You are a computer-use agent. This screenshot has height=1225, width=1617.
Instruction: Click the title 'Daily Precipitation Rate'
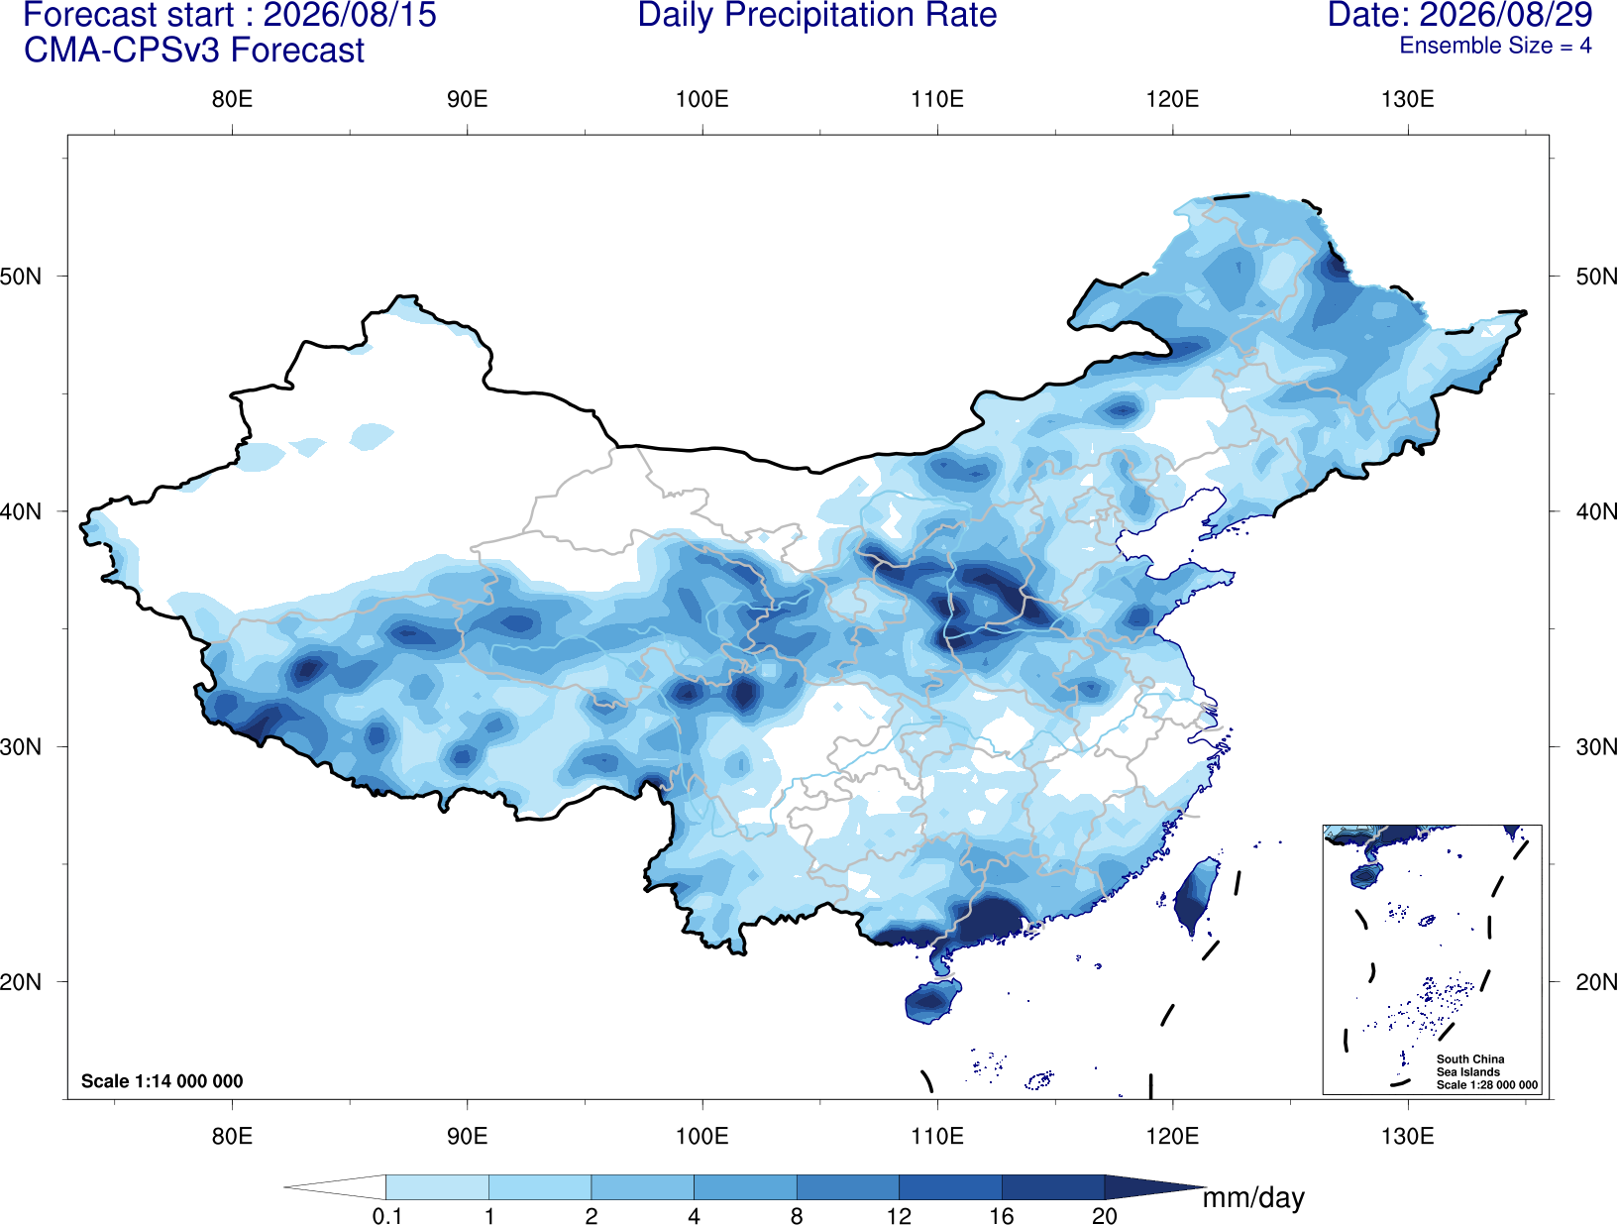(x=816, y=15)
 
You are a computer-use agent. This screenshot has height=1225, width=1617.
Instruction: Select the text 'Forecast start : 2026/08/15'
(x=230, y=15)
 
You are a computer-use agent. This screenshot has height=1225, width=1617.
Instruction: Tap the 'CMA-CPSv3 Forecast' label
(x=194, y=51)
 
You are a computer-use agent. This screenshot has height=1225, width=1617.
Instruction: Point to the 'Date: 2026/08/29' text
(x=1459, y=15)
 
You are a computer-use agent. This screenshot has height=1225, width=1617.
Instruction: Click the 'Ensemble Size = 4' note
(x=1495, y=46)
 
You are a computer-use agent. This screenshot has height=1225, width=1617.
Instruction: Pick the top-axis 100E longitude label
(x=702, y=99)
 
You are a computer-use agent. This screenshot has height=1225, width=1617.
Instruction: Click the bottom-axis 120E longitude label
(x=1172, y=1135)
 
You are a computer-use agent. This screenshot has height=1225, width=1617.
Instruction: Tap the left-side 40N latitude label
(x=21, y=511)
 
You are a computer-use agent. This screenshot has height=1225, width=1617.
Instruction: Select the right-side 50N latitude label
(x=1596, y=277)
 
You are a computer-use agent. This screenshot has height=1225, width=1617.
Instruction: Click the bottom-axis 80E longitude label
(x=232, y=1135)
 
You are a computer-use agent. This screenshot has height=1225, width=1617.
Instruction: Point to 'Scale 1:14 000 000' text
(x=162, y=1080)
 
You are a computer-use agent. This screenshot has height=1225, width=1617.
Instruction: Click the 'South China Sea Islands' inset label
(x=1469, y=1065)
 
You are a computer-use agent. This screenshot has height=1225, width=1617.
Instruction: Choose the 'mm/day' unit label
(x=1253, y=1198)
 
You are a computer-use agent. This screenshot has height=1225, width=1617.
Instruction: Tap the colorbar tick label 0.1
(x=386, y=1216)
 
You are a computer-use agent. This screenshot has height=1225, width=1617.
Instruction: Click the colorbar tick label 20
(x=1105, y=1216)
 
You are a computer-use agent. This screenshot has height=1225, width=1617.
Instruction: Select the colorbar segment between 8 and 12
(x=848, y=1186)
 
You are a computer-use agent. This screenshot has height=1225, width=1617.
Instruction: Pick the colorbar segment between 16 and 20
(x=1052, y=1186)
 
